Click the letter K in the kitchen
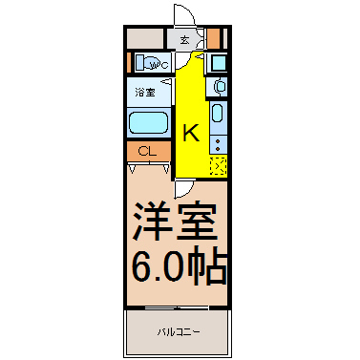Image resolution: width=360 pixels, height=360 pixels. click(x=191, y=133)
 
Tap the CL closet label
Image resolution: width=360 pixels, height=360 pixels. click(x=147, y=152)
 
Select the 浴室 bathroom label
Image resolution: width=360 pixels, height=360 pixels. click(x=145, y=93)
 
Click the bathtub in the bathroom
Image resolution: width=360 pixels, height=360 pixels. click(x=148, y=123)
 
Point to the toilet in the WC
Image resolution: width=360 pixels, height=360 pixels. click(x=150, y=63)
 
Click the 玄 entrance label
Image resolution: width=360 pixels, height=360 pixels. click(x=184, y=40)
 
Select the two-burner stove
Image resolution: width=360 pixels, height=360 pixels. click(x=218, y=144)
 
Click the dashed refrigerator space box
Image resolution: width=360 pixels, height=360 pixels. click(x=219, y=166)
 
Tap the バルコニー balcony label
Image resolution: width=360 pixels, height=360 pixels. click(x=179, y=332)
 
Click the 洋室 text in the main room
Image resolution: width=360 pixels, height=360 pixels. click(x=176, y=221)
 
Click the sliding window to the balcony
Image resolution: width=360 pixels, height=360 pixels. click(x=177, y=307)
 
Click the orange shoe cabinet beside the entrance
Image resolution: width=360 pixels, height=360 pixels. click(x=214, y=38)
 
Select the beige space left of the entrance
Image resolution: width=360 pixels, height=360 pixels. click(x=145, y=38)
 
